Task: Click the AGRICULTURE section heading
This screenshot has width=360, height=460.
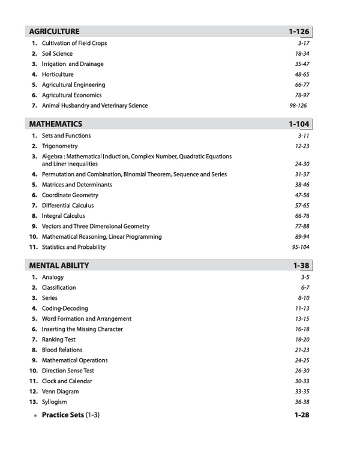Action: [x=54, y=31]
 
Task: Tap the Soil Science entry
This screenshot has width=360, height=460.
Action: [x=57, y=54]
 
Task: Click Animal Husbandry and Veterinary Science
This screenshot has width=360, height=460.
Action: [x=94, y=106]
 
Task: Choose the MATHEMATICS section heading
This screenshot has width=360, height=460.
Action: [x=56, y=124]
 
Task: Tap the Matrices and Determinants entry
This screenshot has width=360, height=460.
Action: [x=77, y=185]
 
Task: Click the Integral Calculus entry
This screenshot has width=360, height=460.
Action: [x=63, y=216]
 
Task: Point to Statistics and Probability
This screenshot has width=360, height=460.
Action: [x=73, y=247]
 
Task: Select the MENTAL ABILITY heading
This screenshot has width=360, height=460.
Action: [x=59, y=265]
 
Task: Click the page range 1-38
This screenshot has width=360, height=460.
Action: [x=301, y=265]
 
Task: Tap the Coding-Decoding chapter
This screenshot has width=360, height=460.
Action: [x=65, y=309]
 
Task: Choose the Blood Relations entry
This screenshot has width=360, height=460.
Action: [x=62, y=350]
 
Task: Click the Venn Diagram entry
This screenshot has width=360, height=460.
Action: [x=60, y=392]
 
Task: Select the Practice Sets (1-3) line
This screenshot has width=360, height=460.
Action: [x=70, y=415]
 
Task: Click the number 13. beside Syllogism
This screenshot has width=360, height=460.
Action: [x=34, y=402]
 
